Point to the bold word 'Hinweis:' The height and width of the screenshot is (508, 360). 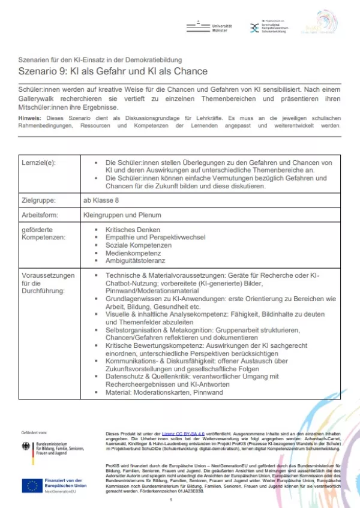tap(29, 118)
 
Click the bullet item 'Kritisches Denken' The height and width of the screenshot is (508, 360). tap(133, 230)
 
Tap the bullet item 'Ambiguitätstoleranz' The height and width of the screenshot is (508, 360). tap(136, 261)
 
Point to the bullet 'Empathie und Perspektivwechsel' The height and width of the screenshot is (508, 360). tap(156, 238)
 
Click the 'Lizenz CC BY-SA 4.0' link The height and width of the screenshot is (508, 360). tap(179, 432)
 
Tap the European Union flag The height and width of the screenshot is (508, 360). tap(31, 485)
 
